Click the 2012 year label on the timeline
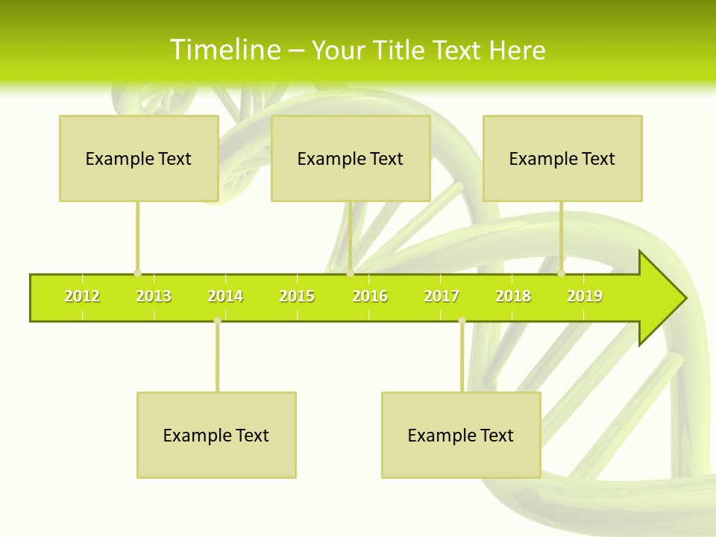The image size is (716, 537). pos(82,297)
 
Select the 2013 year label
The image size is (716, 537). pos(154,297)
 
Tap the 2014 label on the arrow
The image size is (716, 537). pos(225,297)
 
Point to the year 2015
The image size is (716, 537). pos(297,297)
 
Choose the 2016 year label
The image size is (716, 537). pos(370,297)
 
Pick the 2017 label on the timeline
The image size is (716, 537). pos(442,297)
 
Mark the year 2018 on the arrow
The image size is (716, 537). pos(513,297)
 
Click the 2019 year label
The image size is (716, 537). pos(585,297)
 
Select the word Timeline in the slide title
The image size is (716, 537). pos(224,50)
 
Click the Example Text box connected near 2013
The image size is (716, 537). pos(139,158)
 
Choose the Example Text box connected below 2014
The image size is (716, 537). pos(216,435)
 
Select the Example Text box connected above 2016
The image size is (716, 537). pos(351,158)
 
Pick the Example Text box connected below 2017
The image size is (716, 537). pos(461,435)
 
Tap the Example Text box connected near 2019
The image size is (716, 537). pos(562,158)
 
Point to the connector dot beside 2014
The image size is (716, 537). pos(217,320)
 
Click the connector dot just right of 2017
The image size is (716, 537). pos(462,320)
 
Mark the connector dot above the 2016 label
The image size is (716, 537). pos(350,273)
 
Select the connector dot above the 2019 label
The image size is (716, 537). pos(562,273)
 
